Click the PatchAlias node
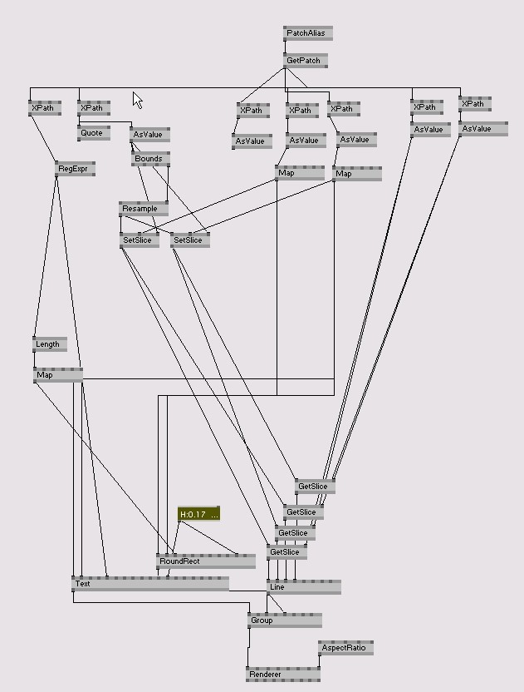pyautogui.click(x=307, y=33)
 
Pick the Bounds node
pyautogui.click(x=150, y=158)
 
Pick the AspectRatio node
pyautogui.click(x=345, y=647)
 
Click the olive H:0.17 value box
pyautogui.click(x=198, y=514)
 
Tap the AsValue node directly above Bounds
pyautogui.click(x=149, y=135)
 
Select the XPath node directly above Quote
pyautogui.click(x=93, y=108)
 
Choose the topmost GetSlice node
pyautogui.click(x=315, y=487)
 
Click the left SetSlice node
pyautogui.click(x=139, y=240)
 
